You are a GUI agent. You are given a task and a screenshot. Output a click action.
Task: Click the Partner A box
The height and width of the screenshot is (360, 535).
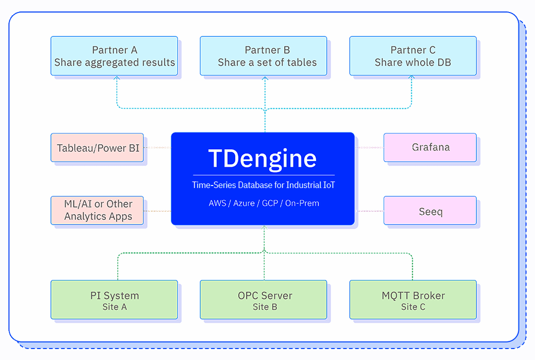click(114, 56)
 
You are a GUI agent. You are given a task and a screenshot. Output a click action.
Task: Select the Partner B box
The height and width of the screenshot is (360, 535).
click(263, 56)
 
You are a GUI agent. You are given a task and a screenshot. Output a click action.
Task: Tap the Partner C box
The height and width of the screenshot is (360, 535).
click(413, 56)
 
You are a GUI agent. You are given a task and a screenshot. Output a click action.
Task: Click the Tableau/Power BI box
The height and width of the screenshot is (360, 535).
click(98, 148)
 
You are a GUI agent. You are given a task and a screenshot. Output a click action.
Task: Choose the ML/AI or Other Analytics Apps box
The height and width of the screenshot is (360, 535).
click(98, 210)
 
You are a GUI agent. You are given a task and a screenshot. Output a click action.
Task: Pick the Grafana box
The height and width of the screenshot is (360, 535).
click(430, 147)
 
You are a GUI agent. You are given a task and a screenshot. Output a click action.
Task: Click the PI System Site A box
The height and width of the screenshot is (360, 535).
click(114, 300)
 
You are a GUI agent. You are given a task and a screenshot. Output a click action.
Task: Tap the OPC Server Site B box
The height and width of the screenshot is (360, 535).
click(263, 300)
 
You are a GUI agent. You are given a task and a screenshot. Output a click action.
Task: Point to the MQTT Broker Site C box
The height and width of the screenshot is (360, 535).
click(413, 300)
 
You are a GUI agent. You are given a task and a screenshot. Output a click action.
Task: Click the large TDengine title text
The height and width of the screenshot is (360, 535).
click(263, 157)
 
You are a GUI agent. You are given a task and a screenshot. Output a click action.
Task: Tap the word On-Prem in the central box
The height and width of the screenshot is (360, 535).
click(302, 203)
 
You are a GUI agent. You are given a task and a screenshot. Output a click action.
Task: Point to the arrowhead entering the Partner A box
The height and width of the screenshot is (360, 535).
click(117, 78)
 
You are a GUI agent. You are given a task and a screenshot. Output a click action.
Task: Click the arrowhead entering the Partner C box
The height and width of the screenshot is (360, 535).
click(412, 78)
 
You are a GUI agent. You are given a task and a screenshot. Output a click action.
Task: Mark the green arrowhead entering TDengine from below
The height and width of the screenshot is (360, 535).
click(264, 228)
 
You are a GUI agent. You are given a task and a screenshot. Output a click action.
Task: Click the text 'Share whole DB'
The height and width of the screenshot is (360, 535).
click(413, 62)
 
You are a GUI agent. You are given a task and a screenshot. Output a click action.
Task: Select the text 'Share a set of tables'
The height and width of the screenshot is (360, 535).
click(267, 62)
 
